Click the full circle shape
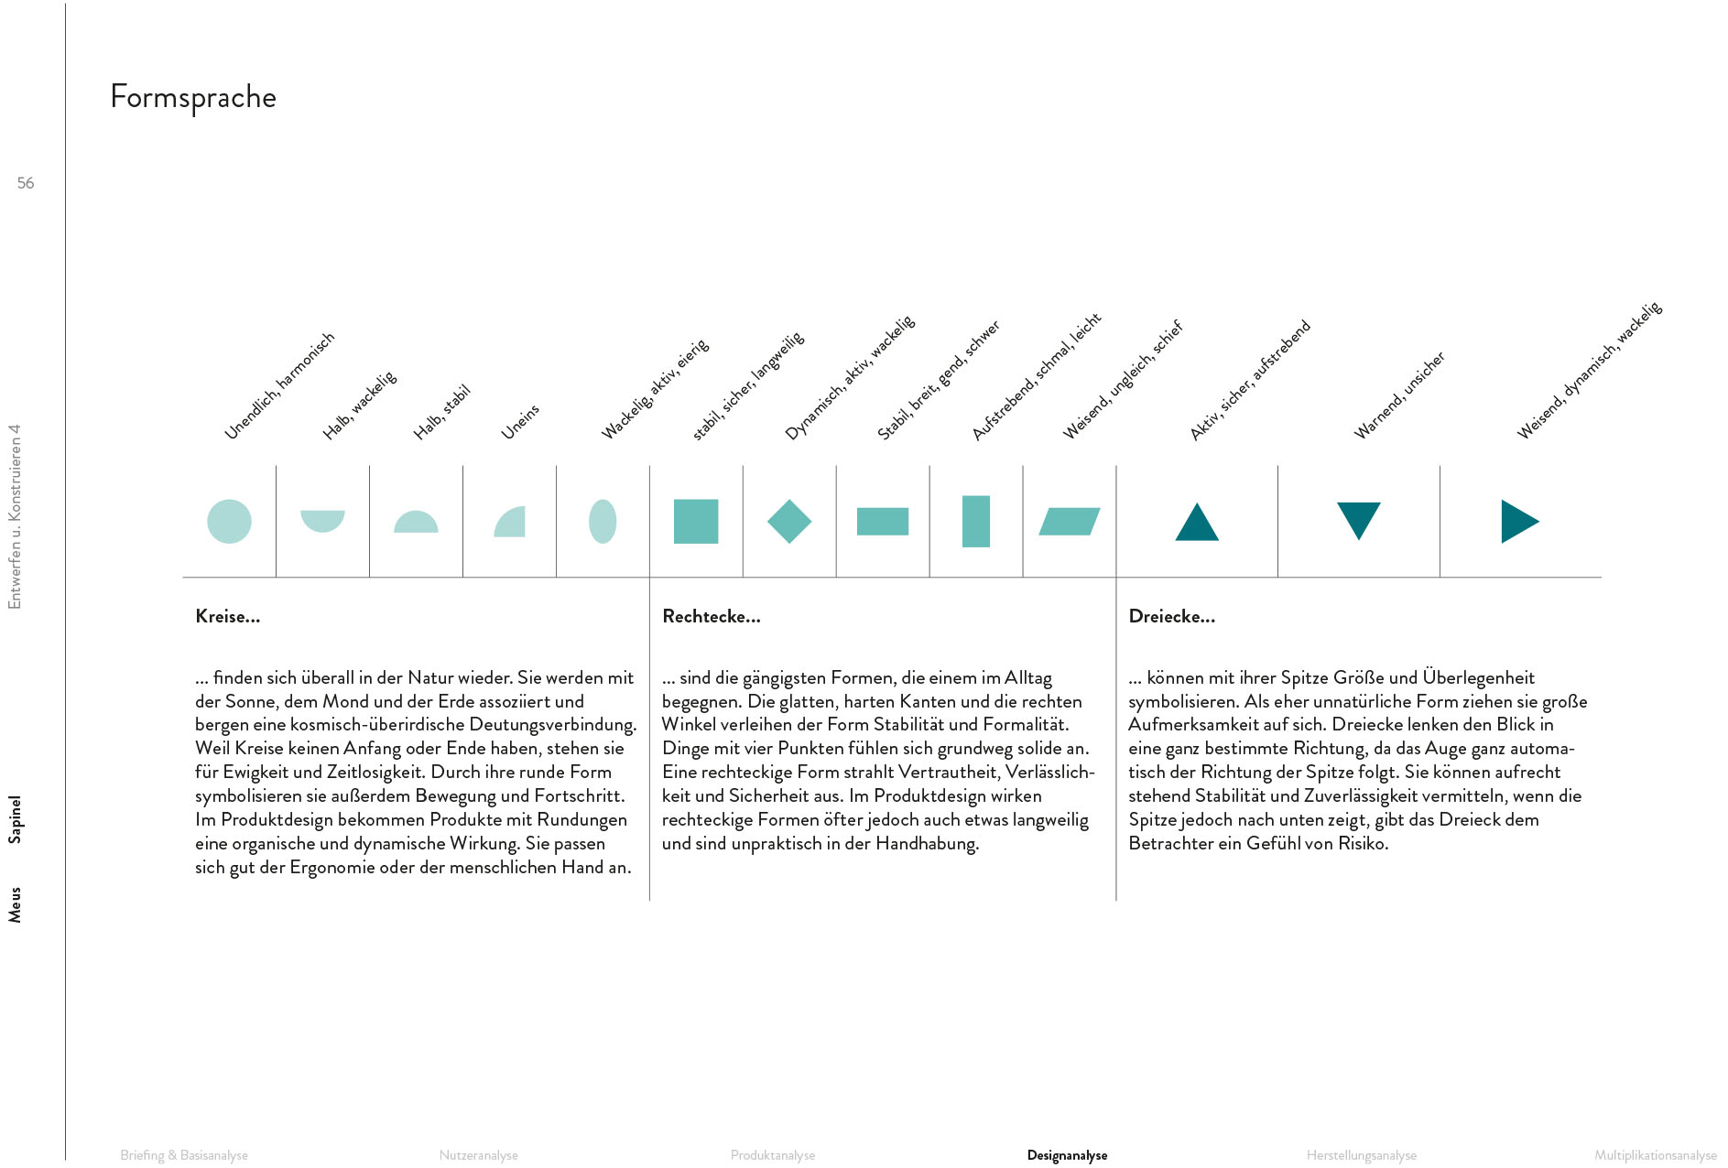coord(229,522)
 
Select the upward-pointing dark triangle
coord(1197,523)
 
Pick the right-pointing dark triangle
coord(1518,522)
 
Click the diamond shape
coord(789,522)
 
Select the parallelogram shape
coord(1070,522)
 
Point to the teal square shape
coord(696,522)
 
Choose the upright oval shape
coord(603,522)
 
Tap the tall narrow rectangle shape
coord(976,522)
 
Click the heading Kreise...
coord(228,617)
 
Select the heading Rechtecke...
coord(712,617)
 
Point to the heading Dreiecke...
coord(1172,617)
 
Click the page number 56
coord(26,183)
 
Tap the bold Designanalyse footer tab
coord(1067,1156)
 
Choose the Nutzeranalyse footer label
coord(478,1156)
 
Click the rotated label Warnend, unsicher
coord(1399,395)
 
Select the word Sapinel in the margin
coord(15,819)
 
